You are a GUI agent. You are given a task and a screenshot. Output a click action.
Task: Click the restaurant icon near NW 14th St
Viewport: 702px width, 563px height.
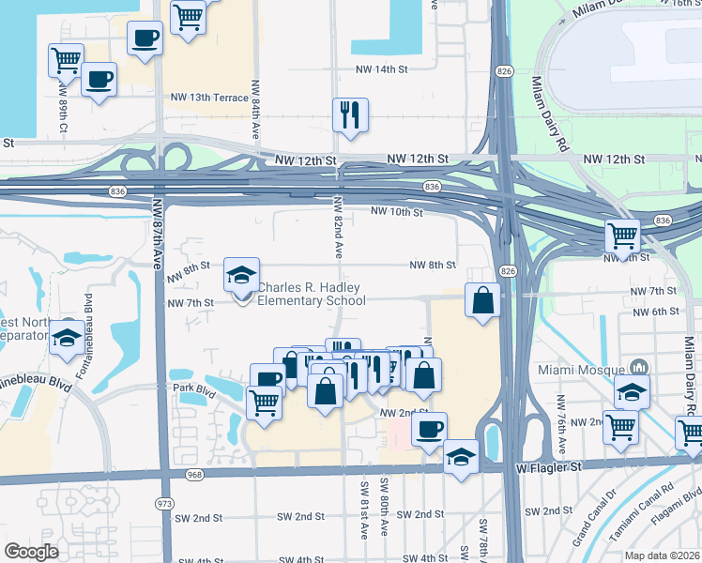(349, 115)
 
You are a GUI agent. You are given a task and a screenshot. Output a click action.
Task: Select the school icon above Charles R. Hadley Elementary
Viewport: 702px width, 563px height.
(241, 276)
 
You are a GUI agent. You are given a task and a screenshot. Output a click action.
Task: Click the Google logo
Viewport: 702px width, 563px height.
(31, 552)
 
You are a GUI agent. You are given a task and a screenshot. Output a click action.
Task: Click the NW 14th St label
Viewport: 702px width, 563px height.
(382, 69)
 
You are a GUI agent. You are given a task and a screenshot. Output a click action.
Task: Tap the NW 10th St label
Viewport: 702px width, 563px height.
(397, 212)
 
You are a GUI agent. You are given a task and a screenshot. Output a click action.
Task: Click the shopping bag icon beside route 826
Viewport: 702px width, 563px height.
(482, 301)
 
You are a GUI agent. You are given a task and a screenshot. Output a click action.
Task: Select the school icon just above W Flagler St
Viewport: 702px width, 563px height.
(461, 457)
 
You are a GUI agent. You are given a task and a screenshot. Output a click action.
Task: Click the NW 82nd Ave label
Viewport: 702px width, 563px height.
(338, 227)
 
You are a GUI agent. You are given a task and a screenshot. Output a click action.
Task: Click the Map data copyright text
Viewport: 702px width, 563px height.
(663, 555)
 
